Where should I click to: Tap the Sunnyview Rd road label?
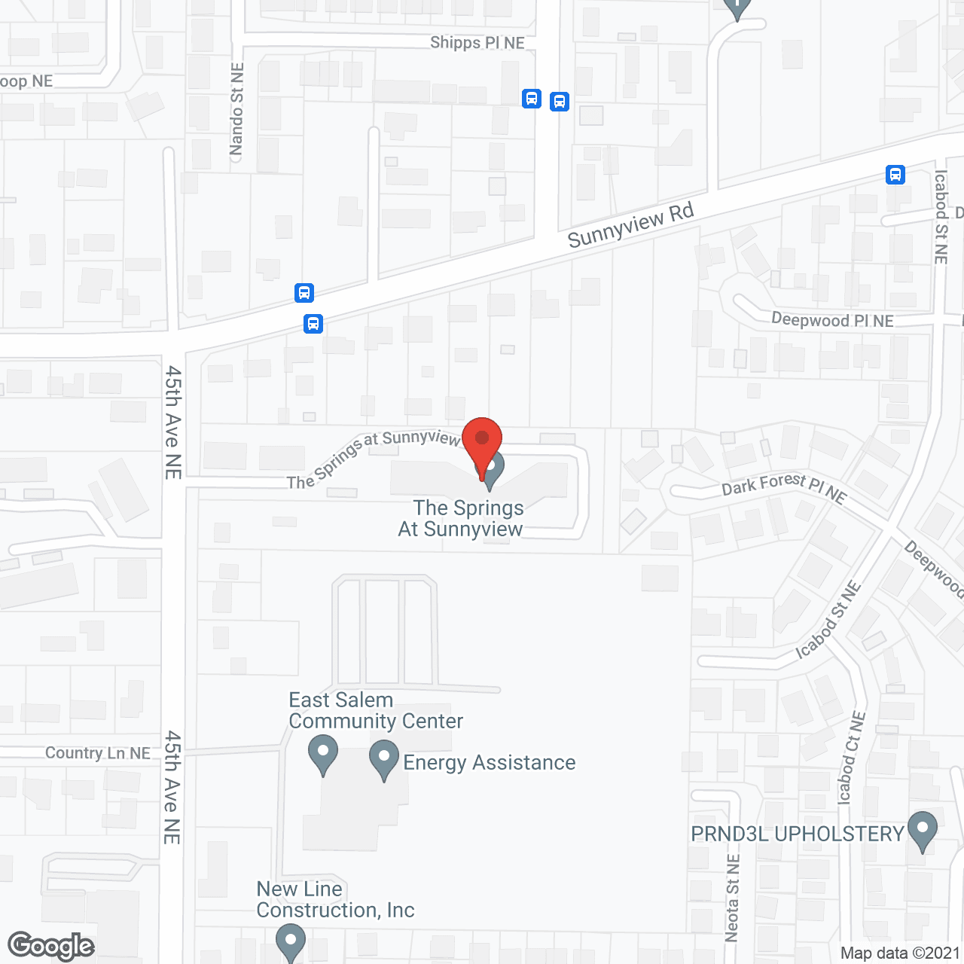[x=630, y=225]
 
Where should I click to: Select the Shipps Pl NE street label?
[x=477, y=43]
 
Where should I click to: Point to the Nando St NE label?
[x=236, y=109]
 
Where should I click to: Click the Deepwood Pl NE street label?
[x=832, y=320]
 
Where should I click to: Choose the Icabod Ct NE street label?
[x=850, y=757]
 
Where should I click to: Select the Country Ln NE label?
[x=98, y=753]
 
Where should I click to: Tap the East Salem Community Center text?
[x=375, y=710]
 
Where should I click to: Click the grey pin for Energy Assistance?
[x=384, y=759]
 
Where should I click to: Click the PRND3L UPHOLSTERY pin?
[x=923, y=831]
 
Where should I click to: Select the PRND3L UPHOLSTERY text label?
[x=797, y=834]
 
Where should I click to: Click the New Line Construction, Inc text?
[x=335, y=899]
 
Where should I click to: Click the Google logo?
[x=51, y=946]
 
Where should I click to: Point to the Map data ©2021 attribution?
[x=900, y=953]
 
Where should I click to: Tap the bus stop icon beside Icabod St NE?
[x=895, y=175]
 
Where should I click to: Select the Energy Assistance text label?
[x=490, y=763]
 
